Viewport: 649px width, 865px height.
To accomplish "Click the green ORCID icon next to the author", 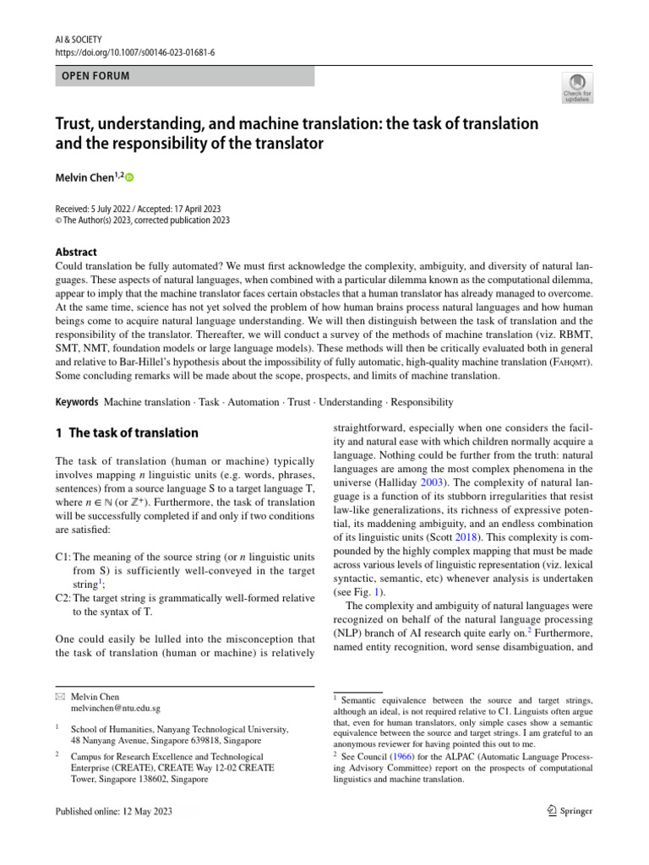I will [130, 177].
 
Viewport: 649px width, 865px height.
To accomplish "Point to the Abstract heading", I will [76, 252].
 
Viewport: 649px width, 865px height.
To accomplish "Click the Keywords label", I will [77, 402].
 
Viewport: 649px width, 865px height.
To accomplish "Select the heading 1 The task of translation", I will [127, 433].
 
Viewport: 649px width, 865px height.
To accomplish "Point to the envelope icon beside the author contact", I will [59, 697].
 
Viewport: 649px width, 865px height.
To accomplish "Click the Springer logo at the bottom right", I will [565, 812].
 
